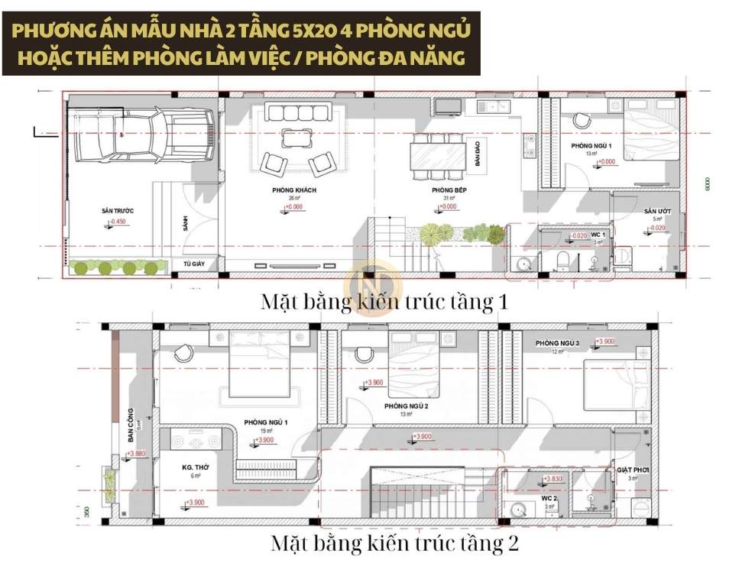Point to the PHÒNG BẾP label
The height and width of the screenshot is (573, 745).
point(444,189)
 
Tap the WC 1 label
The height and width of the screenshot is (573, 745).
point(598,234)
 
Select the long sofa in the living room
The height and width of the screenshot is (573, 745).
point(297,114)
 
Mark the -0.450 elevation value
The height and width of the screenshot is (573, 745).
point(118,222)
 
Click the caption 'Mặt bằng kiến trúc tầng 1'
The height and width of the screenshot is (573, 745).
point(384,301)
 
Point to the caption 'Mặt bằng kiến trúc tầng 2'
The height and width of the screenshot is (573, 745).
point(394,544)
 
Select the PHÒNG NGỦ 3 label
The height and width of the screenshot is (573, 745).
point(556,342)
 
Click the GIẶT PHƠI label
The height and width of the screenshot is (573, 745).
point(633,470)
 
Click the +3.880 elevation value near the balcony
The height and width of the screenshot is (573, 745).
point(136,454)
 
